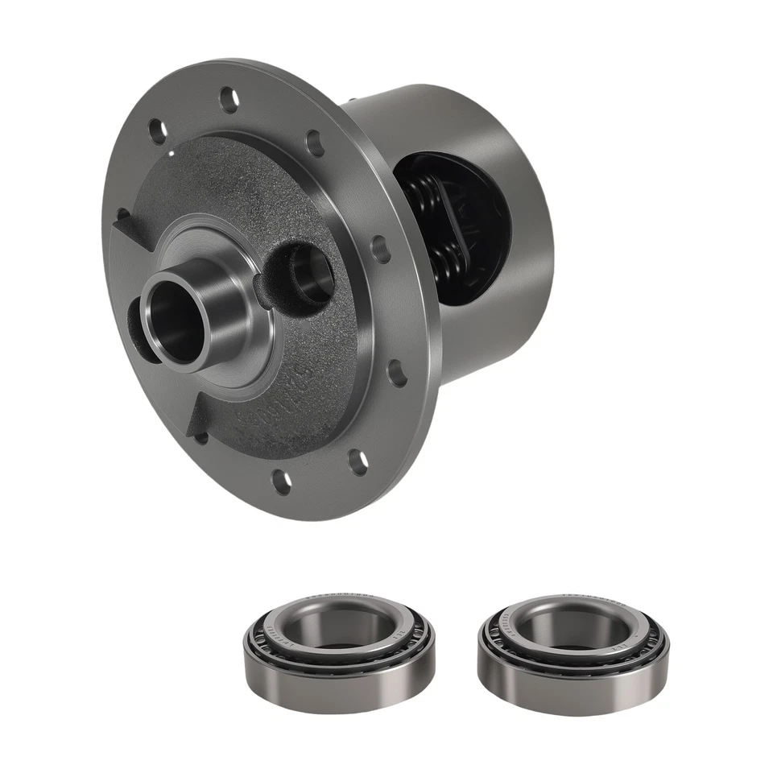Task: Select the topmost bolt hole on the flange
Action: click(229, 99)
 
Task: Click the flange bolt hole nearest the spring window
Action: click(381, 249)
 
